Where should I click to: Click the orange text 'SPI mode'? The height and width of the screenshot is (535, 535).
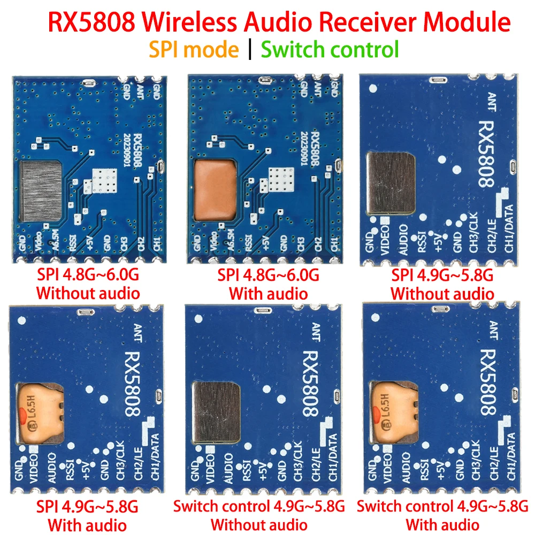[x=194, y=49]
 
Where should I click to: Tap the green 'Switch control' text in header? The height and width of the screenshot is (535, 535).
[x=330, y=49]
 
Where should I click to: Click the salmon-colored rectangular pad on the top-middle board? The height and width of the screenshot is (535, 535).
[x=215, y=190]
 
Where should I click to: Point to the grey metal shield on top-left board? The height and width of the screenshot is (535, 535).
[x=41, y=192]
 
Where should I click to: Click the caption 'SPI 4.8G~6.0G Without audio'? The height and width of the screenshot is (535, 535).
[x=88, y=285]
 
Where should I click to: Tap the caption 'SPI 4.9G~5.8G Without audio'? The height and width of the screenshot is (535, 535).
[x=442, y=285]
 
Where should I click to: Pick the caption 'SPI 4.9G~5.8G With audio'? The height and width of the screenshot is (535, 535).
[x=88, y=515]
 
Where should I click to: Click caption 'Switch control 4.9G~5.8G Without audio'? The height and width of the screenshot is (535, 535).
[x=259, y=515]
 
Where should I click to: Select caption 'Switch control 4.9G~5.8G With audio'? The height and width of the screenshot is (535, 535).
[x=442, y=515]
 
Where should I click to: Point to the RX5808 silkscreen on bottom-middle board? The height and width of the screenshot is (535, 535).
[x=310, y=384]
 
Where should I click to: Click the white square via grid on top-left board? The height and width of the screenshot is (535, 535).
[x=104, y=181]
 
